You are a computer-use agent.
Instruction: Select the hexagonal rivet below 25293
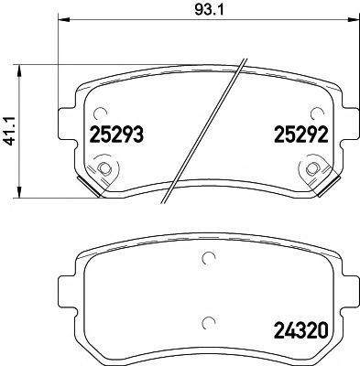pyautogui.click(x=106, y=168)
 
